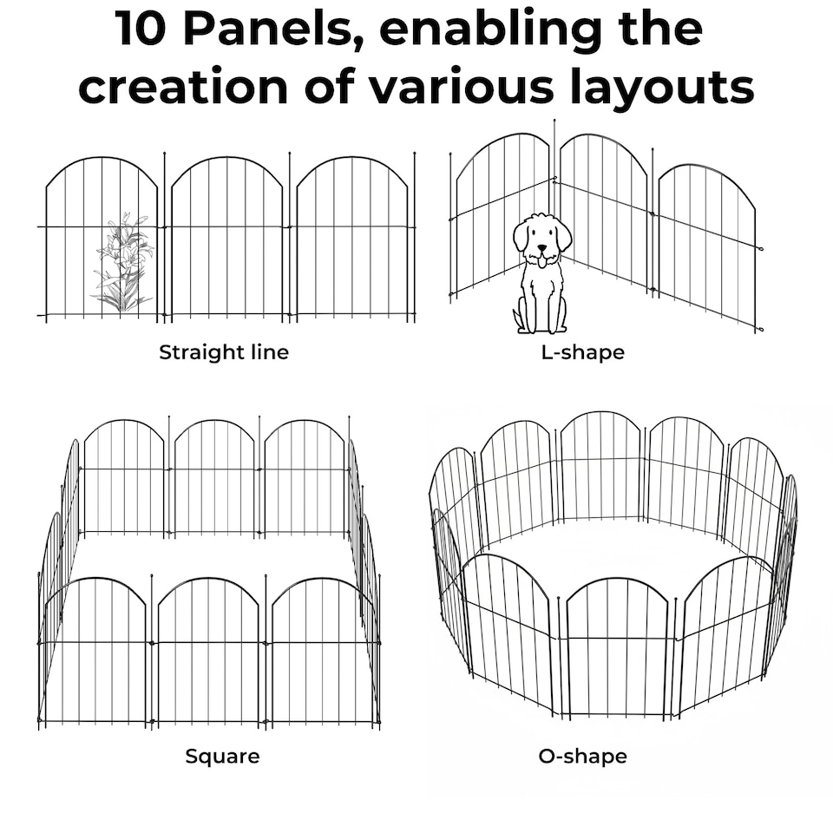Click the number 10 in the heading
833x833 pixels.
coord(142,30)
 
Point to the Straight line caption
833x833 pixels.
coord(224,352)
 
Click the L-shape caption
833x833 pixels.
coord(582,352)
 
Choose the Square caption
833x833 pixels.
coord(222,757)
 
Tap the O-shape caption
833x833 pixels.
coord(582,757)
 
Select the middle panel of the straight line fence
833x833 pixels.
coord(226,239)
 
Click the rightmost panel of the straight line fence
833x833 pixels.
coord(351,239)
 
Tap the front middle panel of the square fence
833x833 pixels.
coord(208,651)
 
